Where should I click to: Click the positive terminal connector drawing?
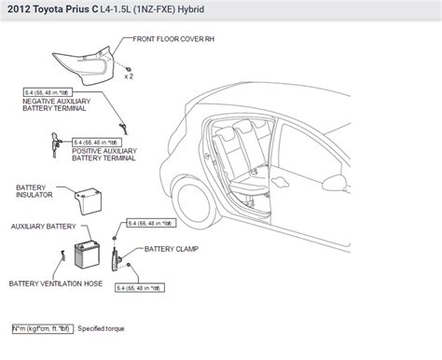[54, 140]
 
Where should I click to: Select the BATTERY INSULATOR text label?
[35, 192]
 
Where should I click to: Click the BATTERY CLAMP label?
[171, 250]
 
